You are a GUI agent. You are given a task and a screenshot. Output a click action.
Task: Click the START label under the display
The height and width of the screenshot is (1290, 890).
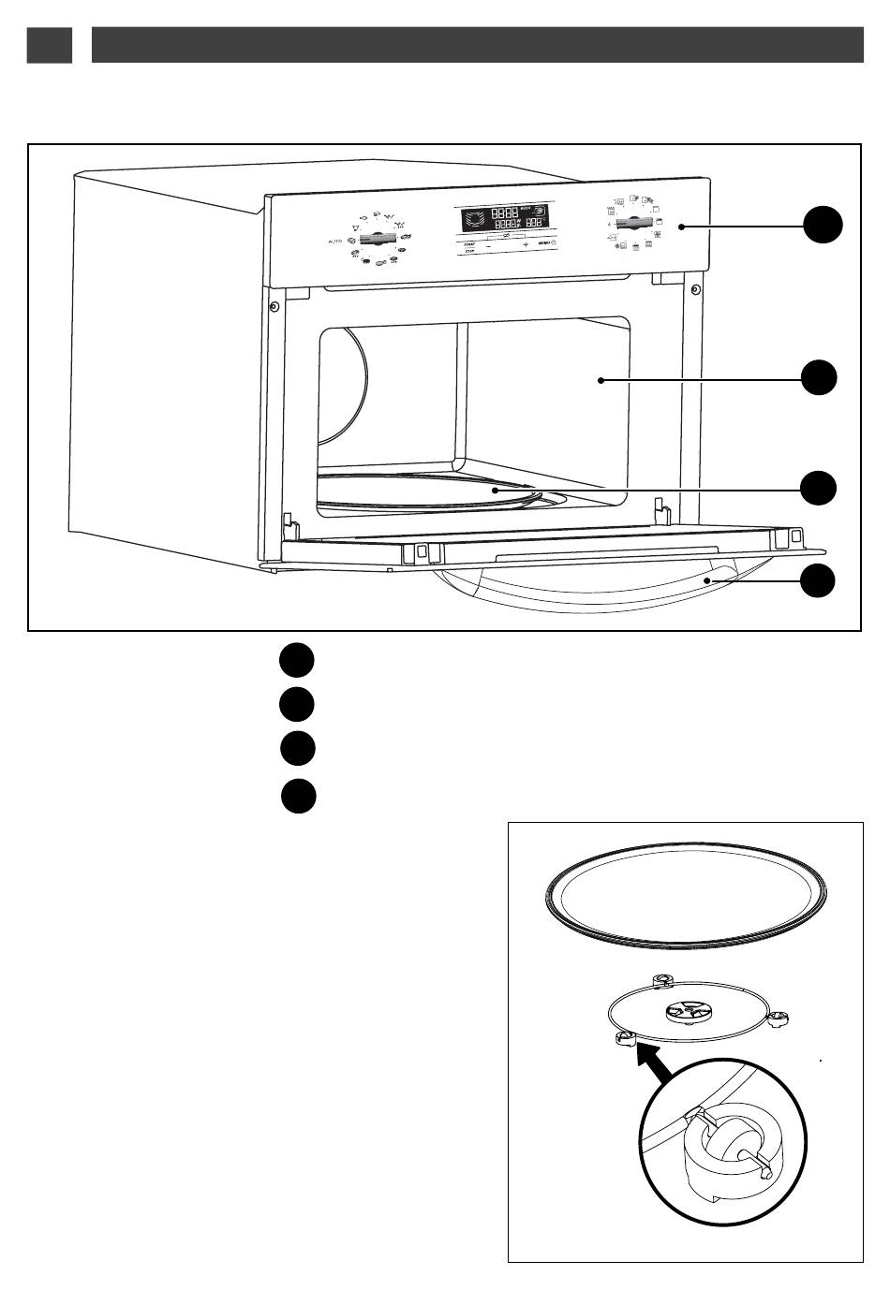(469, 243)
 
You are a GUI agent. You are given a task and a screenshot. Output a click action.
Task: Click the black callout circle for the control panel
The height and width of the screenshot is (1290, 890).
(822, 227)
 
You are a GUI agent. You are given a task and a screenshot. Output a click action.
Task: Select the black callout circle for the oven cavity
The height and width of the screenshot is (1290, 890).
(822, 376)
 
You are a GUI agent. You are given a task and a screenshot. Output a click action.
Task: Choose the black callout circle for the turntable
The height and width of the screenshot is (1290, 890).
(822, 488)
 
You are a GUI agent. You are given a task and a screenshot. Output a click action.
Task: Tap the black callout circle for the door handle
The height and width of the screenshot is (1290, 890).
(822, 580)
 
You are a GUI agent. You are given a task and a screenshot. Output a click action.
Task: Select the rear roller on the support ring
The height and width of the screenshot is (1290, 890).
(661, 980)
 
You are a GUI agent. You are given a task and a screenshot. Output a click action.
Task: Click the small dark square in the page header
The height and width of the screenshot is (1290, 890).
(50, 45)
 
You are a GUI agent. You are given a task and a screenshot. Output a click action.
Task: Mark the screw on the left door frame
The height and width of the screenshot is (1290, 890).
(273, 307)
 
